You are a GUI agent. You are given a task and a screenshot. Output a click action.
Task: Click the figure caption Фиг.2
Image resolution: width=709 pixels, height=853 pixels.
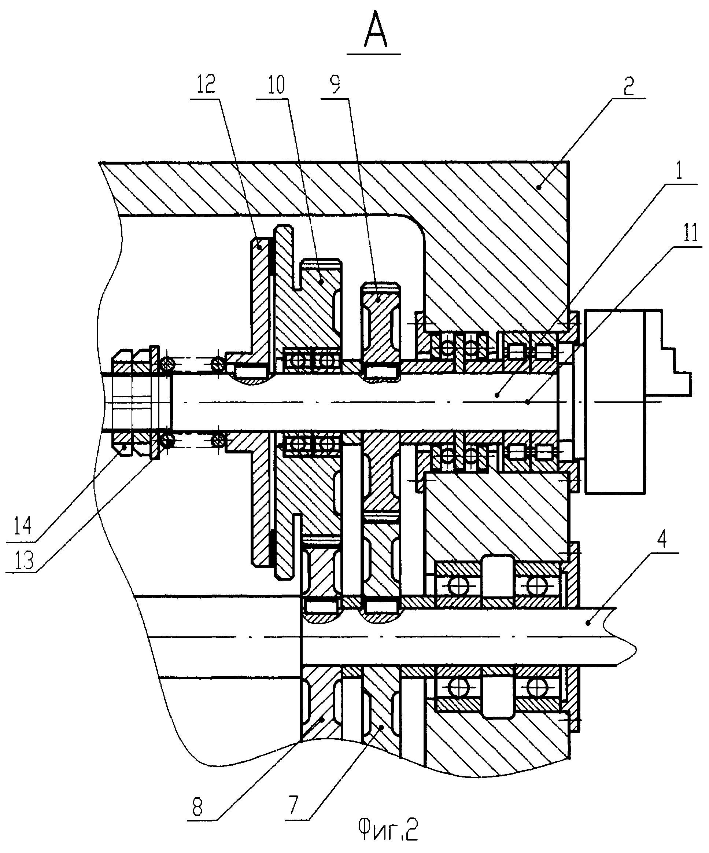388,830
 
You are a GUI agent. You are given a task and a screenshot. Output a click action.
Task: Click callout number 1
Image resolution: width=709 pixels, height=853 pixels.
680,171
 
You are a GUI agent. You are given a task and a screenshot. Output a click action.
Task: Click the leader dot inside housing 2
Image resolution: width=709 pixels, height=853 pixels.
539,187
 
